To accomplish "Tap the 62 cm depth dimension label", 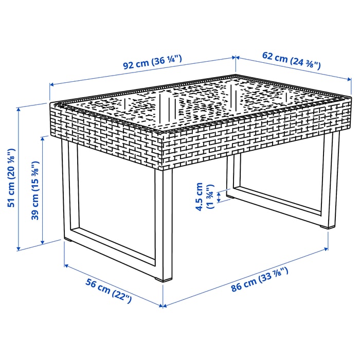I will pos(290,61).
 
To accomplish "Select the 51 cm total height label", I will pos(11,177).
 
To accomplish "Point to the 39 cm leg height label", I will pos(34,190).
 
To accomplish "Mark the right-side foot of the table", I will pos(326,226).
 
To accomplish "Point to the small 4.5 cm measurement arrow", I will pos(220,196).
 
